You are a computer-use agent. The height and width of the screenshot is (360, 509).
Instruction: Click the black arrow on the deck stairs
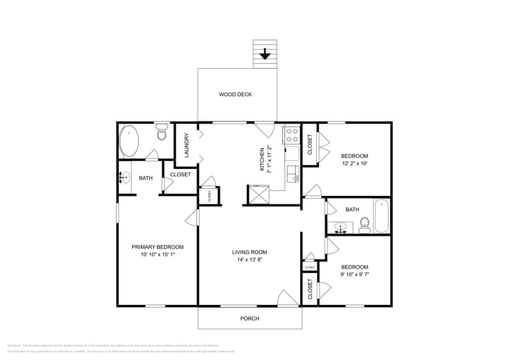pyautogui.click(x=265, y=54)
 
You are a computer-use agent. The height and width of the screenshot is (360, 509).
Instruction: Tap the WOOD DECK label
pyautogui.click(x=236, y=94)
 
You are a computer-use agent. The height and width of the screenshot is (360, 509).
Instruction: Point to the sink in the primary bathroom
pyautogui.click(x=125, y=178)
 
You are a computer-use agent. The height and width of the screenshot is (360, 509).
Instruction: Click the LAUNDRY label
pyautogui.click(x=186, y=145)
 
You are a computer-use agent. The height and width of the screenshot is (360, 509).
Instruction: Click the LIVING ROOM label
pyautogui.click(x=249, y=252)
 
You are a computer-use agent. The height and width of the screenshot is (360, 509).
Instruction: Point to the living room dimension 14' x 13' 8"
pyautogui.click(x=249, y=260)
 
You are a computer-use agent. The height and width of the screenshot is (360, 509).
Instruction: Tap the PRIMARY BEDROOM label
pyautogui.click(x=157, y=247)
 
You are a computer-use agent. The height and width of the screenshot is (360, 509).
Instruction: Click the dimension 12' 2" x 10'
pyautogui.click(x=354, y=164)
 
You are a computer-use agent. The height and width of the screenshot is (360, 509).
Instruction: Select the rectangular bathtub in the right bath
pyautogui.click(x=381, y=217)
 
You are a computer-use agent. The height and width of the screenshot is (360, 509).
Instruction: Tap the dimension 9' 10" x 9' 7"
pyautogui.click(x=354, y=275)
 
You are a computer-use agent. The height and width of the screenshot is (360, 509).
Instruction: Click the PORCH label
pyautogui.click(x=249, y=318)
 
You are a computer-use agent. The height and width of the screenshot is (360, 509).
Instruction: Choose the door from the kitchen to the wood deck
pyautogui.click(x=265, y=129)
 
